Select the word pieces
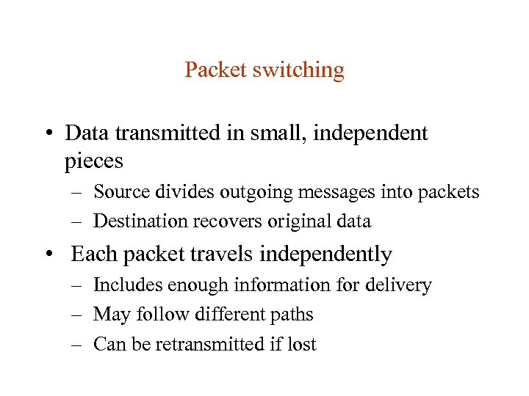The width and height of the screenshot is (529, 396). [93, 160]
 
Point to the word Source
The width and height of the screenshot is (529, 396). [121, 192]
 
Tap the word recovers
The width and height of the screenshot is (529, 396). [220, 221]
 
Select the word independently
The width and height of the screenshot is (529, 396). [326, 254]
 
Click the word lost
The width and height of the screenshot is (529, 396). [302, 344]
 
